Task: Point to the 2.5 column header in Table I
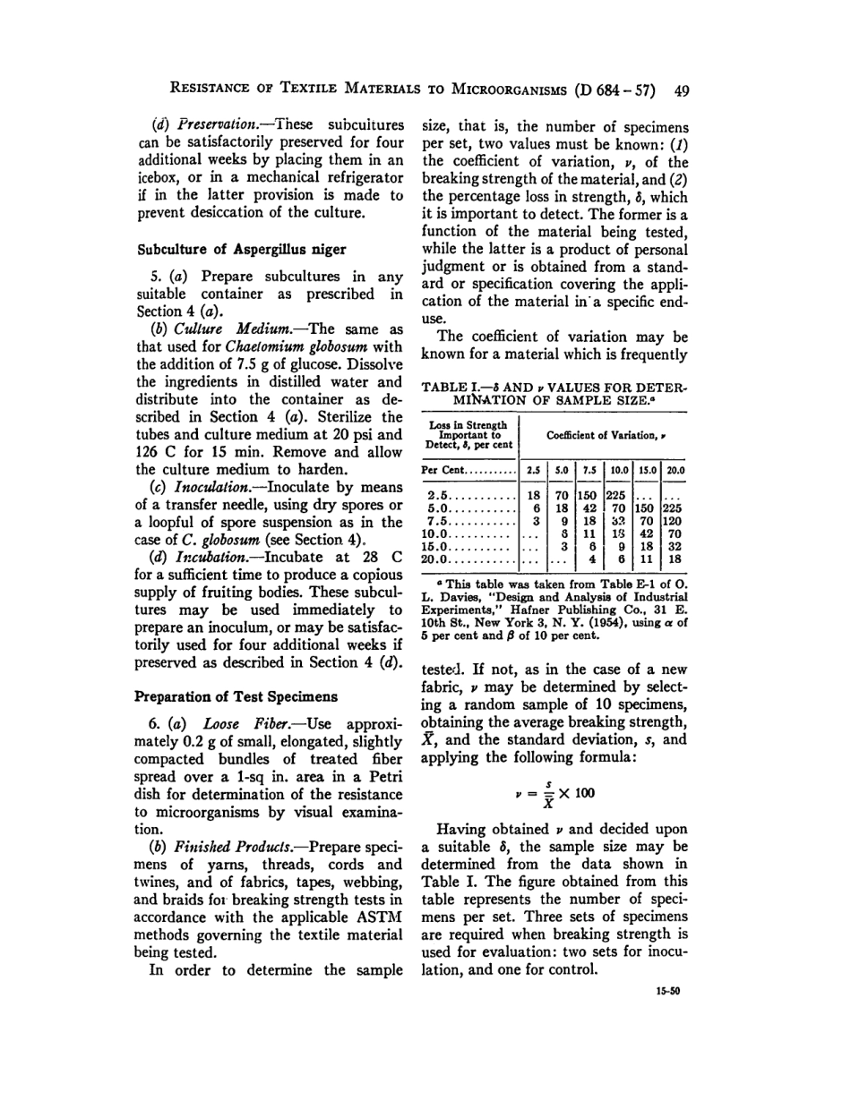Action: (x=532, y=470)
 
